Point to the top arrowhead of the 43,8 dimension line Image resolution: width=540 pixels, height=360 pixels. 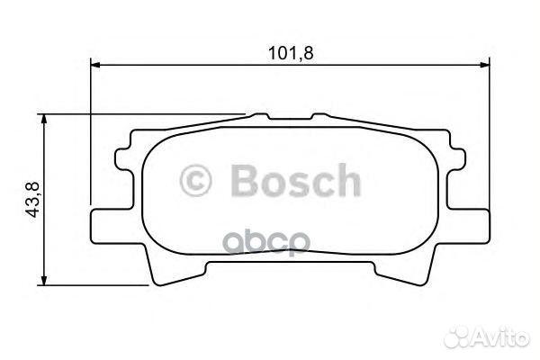[x=45, y=119]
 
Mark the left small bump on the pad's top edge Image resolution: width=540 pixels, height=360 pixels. [x=259, y=116]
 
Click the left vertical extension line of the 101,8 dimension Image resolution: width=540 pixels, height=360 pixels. [x=92, y=135]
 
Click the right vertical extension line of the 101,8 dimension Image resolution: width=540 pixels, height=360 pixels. [x=490, y=135]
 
